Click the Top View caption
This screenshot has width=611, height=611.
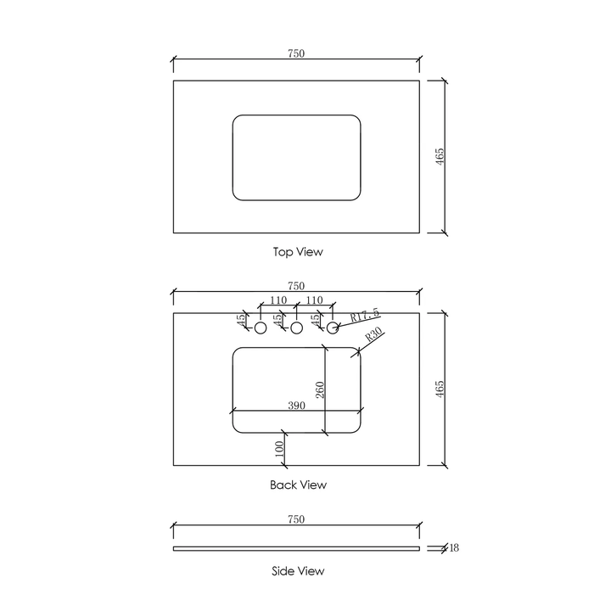(298, 252)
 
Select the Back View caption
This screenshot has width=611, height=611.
(298, 485)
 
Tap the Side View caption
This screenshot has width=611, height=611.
(298, 571)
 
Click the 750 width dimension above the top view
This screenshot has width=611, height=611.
(296, 53)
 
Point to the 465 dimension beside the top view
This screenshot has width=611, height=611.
(440, 157)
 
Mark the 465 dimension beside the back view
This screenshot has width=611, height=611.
(440, 390)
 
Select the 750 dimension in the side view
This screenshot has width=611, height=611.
(296, 519)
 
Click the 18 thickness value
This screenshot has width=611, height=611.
(454, 548)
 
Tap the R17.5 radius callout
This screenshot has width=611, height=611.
(364, 316)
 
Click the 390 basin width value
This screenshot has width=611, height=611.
(296, 406)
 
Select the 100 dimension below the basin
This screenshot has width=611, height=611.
(279, 449)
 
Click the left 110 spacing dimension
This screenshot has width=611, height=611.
(277, 300)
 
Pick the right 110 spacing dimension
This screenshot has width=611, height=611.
(314, 300)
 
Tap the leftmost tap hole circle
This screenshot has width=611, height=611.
(261, 328)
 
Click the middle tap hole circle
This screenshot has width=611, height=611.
(297, 328)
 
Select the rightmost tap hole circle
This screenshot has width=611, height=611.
(334, 328)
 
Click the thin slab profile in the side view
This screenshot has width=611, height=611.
(296, 548)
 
